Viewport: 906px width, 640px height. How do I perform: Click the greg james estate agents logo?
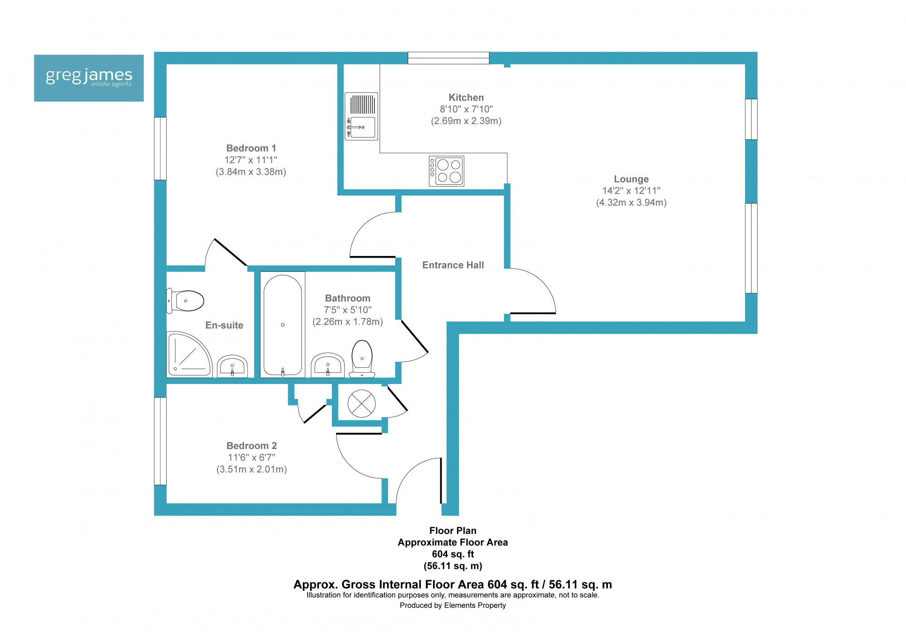pyautogui.click(x=89, y=78)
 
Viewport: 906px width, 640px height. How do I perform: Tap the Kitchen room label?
pyautogui.click(x=466, y=97)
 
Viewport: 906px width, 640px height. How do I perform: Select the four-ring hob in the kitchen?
pyautogui.click(x=447, y=171)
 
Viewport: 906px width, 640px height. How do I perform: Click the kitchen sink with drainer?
pyautogui.click(x=361, y=116)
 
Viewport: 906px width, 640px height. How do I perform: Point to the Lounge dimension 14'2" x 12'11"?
pyautogui.click(x=631, y=191)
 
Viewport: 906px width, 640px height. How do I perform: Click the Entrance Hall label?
pyautogui.click(x=453, y=265)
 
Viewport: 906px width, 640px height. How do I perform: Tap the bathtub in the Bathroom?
pyautogui.click(x=283, y=324)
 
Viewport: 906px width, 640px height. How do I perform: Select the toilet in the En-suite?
pyautogui.click(x=186, y=301)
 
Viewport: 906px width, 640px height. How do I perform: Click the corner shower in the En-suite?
pyautogui.click(x=188, y=355)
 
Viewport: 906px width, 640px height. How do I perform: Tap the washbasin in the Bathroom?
pyautogui.click(x=328, y=365)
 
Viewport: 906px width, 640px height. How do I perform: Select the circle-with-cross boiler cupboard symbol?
pyautogui.click(x=361, y=404)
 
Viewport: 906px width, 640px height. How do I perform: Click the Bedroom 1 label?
pyautogui.click(x=251, y=148)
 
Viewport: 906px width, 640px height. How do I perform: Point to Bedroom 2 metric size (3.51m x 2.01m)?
pyautogui.click(x=251, y=469)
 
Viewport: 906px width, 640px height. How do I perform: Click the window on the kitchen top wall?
pyautogui.click(x=448, y=58)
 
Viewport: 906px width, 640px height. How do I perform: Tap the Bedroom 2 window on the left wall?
pyautogui.click(x=160, y=441)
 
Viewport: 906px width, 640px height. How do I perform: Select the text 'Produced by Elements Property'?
pyautogui.click(x=453, y=605)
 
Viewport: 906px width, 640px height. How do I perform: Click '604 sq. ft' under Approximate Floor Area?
pyautogui.click(x=453, y=554)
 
